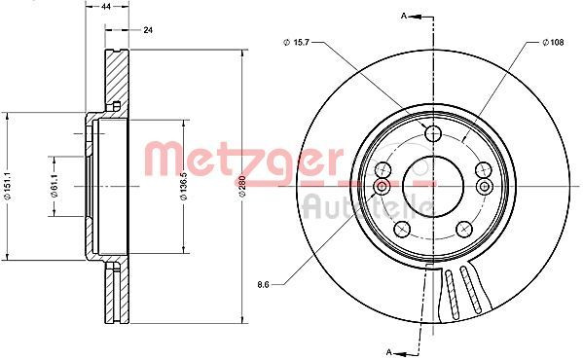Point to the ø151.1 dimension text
tap(8, 184)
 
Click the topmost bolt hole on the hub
tap(434, 133)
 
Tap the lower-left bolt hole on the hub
tap(399, 230)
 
